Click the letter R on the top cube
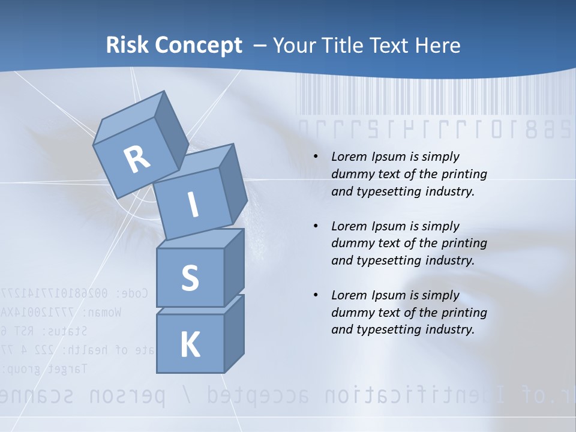pos(137,159)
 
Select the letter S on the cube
pos(190,278)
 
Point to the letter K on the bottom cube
pos(190,345)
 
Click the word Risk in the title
pos(127,45)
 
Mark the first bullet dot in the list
pos(316,157)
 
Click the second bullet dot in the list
pos(316,226)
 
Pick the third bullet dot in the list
pos(316,295)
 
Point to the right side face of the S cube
pos(234,267)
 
